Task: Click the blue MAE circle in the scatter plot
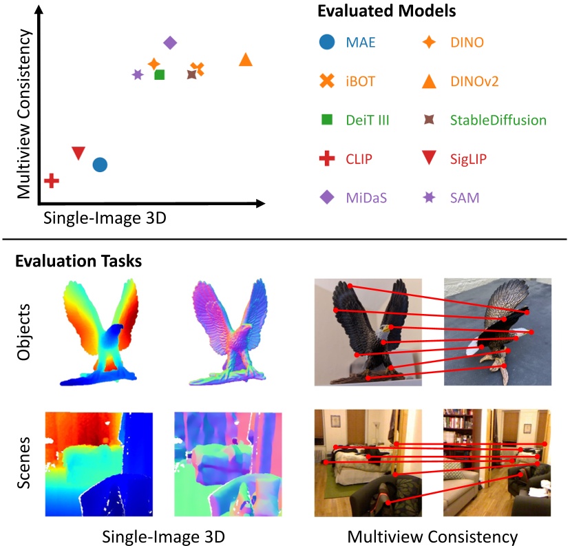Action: [100, 165]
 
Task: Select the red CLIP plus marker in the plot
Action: [51, 180]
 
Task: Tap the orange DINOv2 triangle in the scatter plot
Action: [246, 60]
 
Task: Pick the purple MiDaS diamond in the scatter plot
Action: [170, 43]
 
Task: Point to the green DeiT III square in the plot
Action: [159, 74]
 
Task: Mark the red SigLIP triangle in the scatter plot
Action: [78, 153]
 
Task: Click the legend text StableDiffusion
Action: [498, 120]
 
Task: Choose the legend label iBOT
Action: [361, 81]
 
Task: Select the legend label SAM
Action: [465, 198]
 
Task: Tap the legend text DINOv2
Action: [474, 81]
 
